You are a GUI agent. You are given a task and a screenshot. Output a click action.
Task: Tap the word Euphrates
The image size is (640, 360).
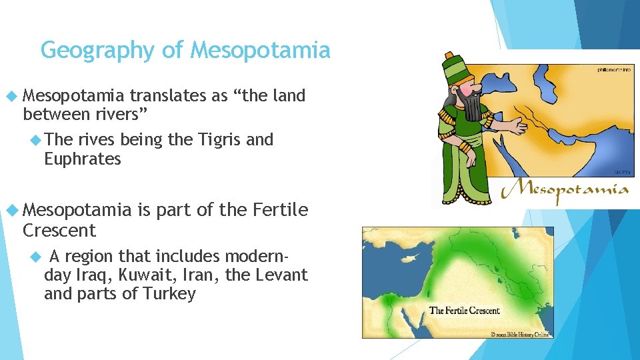83,159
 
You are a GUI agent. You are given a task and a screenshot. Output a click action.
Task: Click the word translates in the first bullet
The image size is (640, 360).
168,96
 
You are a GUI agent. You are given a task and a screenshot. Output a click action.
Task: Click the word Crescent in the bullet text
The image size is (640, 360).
59,231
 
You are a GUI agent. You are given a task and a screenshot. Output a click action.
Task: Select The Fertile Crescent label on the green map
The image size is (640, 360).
464,310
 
